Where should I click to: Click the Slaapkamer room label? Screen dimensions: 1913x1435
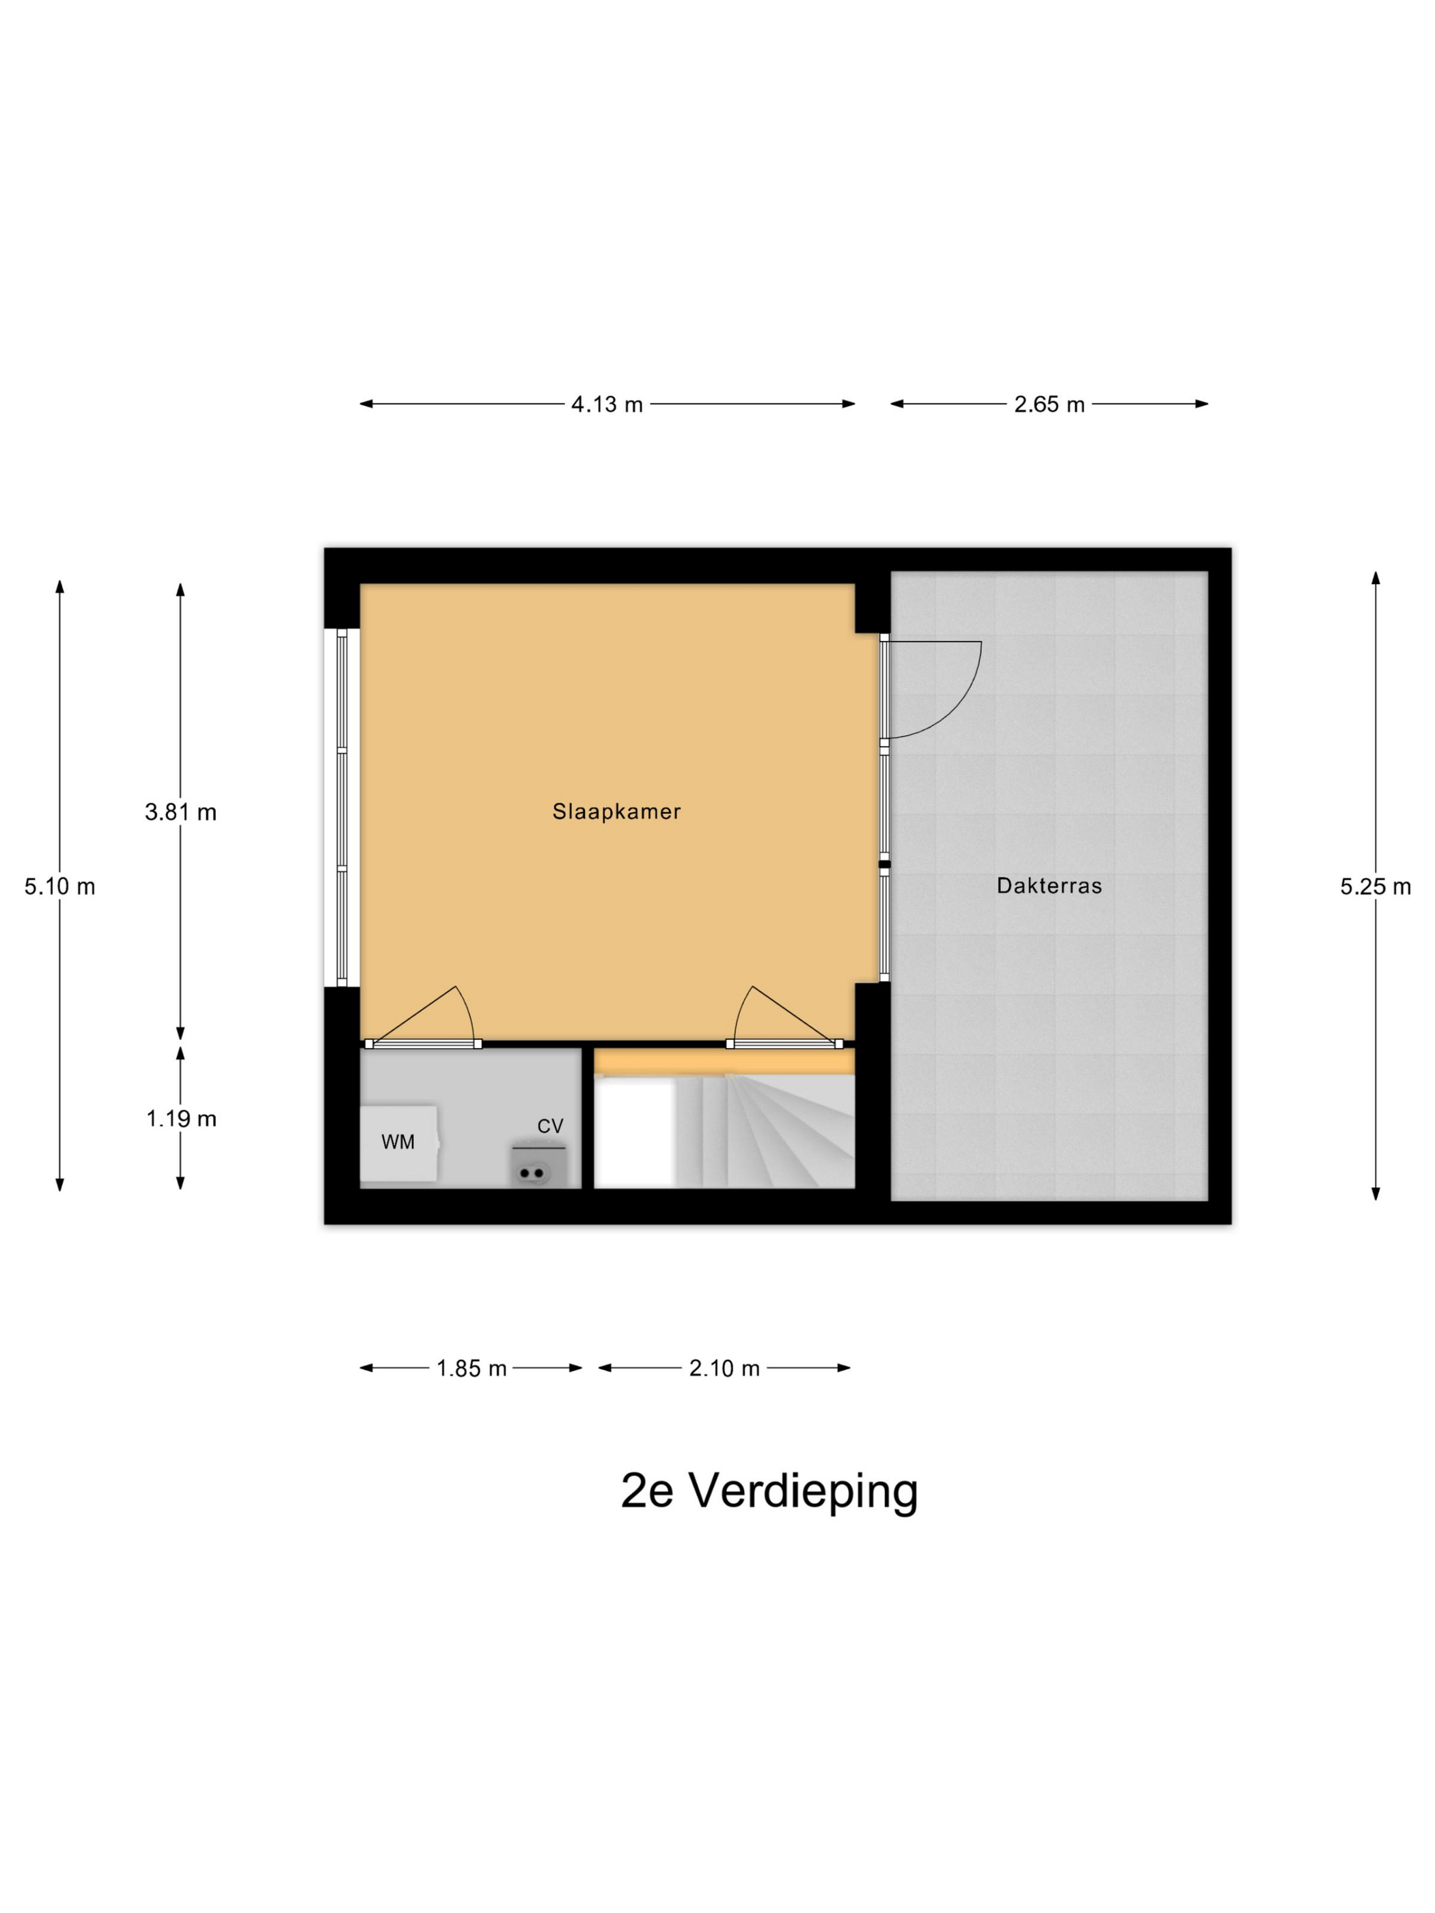click(x=616, y=811)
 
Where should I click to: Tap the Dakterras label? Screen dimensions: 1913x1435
click(x=1048, y=885)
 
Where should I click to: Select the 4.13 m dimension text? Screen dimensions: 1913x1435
click(x=606, y=404)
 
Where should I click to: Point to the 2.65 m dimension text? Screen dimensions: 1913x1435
click(x=1048, y=404)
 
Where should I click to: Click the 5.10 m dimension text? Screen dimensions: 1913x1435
click(x=59, y=886)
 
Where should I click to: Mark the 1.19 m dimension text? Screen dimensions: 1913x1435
click(x=180, y=1118)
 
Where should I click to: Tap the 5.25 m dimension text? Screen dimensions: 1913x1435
click(x=1374, y=886)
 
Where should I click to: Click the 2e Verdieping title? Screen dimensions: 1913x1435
click(x=769, y=1490)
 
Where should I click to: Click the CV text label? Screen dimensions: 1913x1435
click(x=550, y=1126)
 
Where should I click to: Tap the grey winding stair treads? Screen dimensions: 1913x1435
click(x=770, y=1133)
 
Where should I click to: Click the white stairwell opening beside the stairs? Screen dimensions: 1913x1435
click(x=633, y=1135)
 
